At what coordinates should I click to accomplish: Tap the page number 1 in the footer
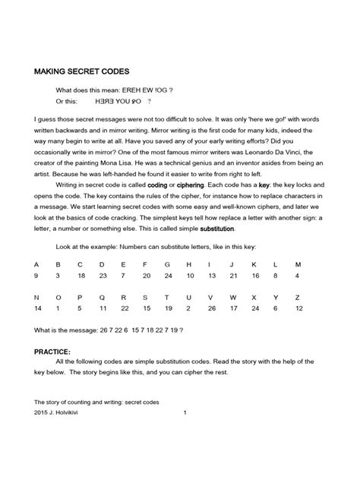[185, 412]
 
